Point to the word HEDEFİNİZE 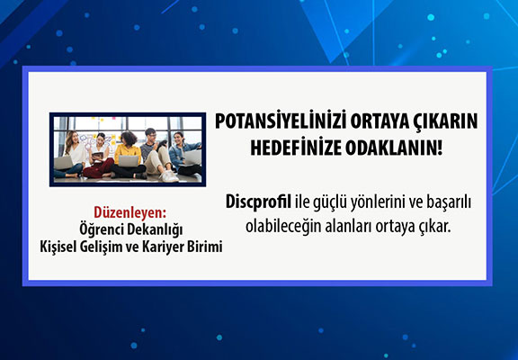pyautogui.click(x=296, y=148)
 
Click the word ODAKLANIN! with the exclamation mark pyautogui.click(x=394, y=148)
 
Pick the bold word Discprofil pyautogui.click(x=258, y=202)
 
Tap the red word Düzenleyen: pyautogui.click(x=129, y=212)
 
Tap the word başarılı pyautogui.click(x=449, y=202)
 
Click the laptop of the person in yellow pyautogui.click(x=129, y=161)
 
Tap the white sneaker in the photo pyautogui.click(x=169, y=176)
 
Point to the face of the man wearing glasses pyautogui.click(x=151, y=135)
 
